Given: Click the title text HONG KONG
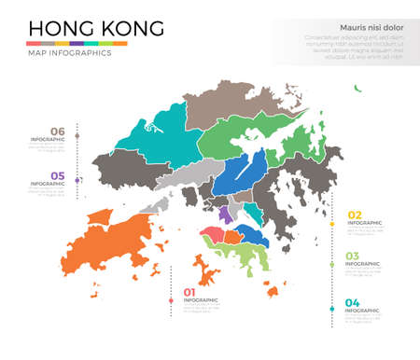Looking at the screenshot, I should [95, 28].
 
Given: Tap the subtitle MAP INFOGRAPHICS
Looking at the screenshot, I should [70, 53].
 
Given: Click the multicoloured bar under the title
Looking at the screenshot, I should [77, 43].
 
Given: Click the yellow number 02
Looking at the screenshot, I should [354, 215].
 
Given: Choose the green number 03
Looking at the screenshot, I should [353, 256].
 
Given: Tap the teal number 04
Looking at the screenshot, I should [353, 301].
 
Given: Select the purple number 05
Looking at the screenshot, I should [58, 175].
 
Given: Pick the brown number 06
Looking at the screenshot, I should [58, 131].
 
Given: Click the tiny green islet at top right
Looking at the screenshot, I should [357, 89].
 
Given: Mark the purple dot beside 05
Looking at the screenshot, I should [77, 180].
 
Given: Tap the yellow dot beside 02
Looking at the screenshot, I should [333, 222].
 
